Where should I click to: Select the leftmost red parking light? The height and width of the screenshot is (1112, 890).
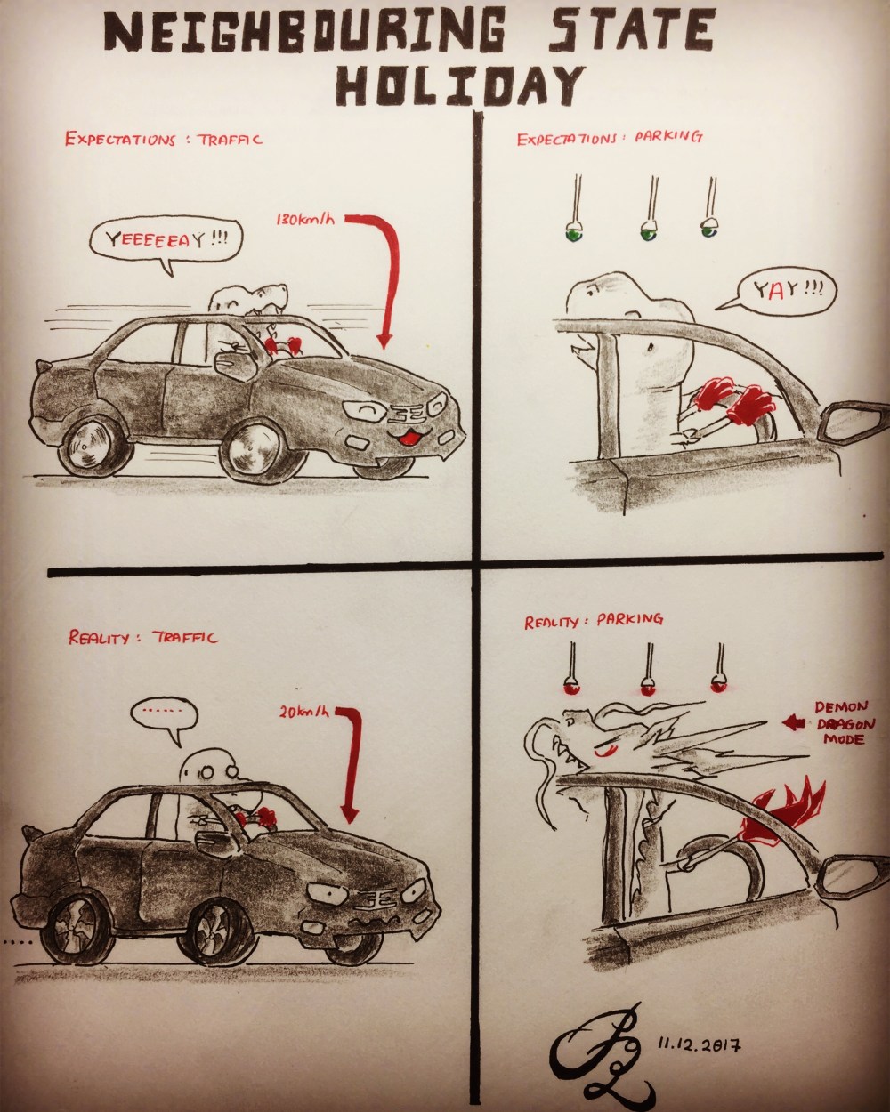(569, 688)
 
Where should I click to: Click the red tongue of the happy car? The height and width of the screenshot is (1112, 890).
(412, 436)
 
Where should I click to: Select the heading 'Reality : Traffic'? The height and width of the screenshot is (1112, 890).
(142, 638)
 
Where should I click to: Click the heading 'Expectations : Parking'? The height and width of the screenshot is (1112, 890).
(611, 138)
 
